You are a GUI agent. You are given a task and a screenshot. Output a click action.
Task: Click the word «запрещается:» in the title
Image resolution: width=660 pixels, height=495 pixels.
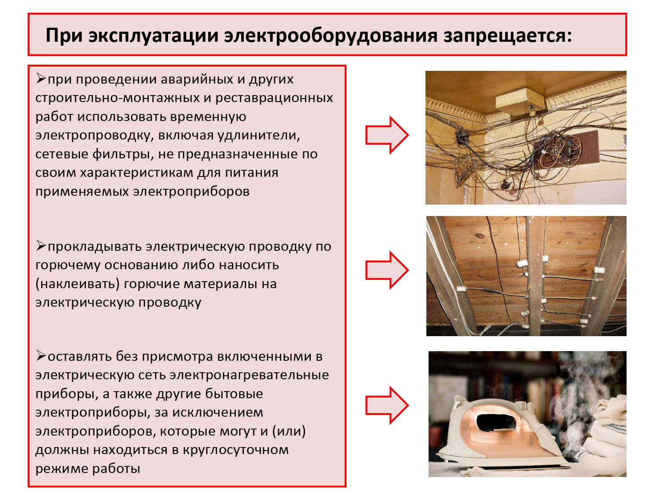(x=508, y=36)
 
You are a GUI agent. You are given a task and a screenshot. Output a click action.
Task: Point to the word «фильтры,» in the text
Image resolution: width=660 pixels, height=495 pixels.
(x=121, y=154)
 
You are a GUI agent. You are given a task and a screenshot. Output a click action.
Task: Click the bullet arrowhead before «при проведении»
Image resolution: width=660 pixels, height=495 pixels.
(x=41, y=79)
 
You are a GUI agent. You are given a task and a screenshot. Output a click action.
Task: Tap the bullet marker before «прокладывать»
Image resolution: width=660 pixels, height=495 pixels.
(x=41, y=246)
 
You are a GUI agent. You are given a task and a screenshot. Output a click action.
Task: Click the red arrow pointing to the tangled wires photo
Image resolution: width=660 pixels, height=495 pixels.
(x=387, y=135)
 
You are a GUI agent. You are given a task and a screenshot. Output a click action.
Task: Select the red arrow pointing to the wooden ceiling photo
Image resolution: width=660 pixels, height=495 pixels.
(x=387, y=271)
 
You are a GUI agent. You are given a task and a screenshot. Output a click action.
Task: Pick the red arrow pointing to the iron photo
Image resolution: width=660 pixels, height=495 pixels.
(x=387, y=405)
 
